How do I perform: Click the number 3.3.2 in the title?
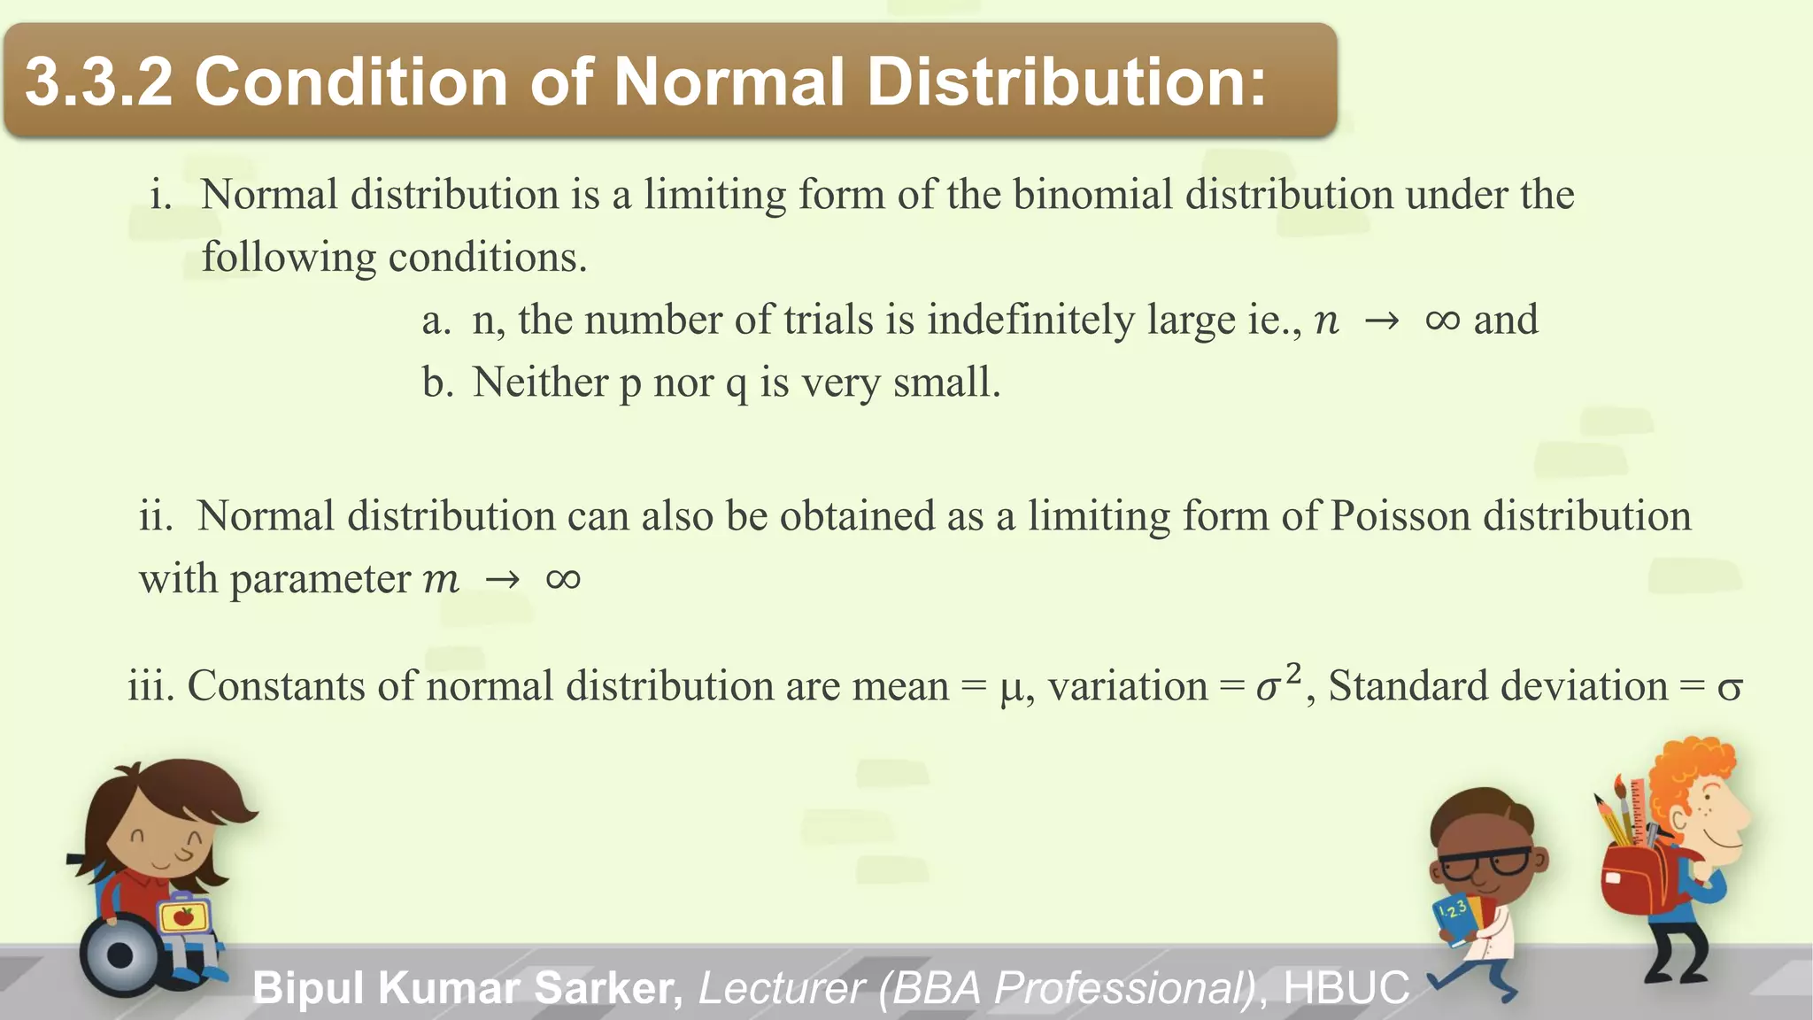click(98, 81)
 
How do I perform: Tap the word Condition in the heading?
click(351, 81)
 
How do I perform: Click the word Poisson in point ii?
click(1400, 516)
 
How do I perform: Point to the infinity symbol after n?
click(1442, 321)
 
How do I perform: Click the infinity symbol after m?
click(563, 580)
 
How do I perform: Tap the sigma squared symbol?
click(1278, 684)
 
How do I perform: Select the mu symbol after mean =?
click(1011, 688)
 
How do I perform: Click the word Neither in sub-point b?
click(540, 382)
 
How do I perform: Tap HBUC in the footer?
click(1346, 988)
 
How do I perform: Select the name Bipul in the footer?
click(309, 988)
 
